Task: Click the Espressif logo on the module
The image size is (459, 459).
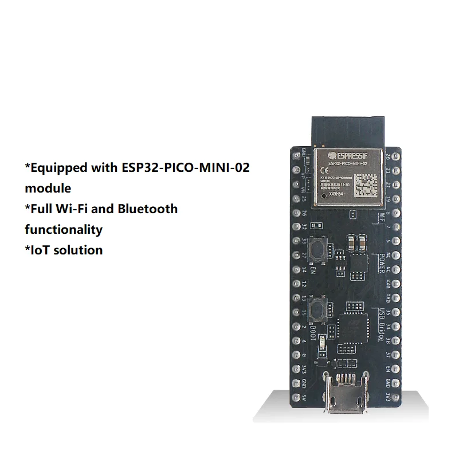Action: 342,155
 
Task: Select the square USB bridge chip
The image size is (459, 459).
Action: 351,329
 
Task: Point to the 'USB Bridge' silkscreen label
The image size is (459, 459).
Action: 380,324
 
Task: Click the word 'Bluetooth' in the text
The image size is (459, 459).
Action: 147,209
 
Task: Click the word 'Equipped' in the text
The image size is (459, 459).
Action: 58,167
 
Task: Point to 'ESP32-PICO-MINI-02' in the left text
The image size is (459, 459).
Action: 186,167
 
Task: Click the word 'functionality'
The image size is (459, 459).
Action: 64,229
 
